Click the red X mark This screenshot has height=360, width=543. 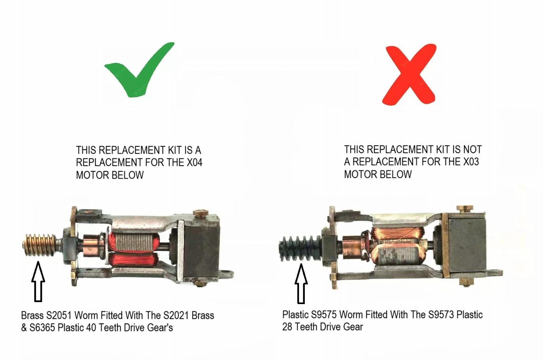409,75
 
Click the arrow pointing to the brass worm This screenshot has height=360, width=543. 38,281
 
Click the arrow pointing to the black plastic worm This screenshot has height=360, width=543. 301,283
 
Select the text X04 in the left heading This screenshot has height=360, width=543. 194,162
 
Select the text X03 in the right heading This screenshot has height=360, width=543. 471,162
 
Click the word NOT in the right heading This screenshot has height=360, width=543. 472,149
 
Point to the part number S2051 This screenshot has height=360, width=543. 59,315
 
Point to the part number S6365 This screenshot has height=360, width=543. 43,328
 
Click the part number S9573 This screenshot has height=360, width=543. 441,315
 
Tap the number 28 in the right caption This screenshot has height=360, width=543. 287,327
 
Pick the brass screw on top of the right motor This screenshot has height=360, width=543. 465,209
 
